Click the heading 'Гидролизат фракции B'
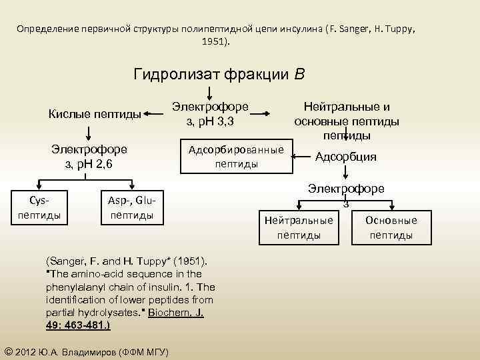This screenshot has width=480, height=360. tap(219, 73)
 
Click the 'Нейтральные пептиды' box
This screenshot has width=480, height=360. tap(298, 227)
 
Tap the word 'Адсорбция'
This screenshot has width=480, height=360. tap(345, 157)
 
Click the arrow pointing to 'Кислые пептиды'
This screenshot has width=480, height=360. tap(155, 114)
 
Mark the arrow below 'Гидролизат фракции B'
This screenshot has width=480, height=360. tap(211, 91)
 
